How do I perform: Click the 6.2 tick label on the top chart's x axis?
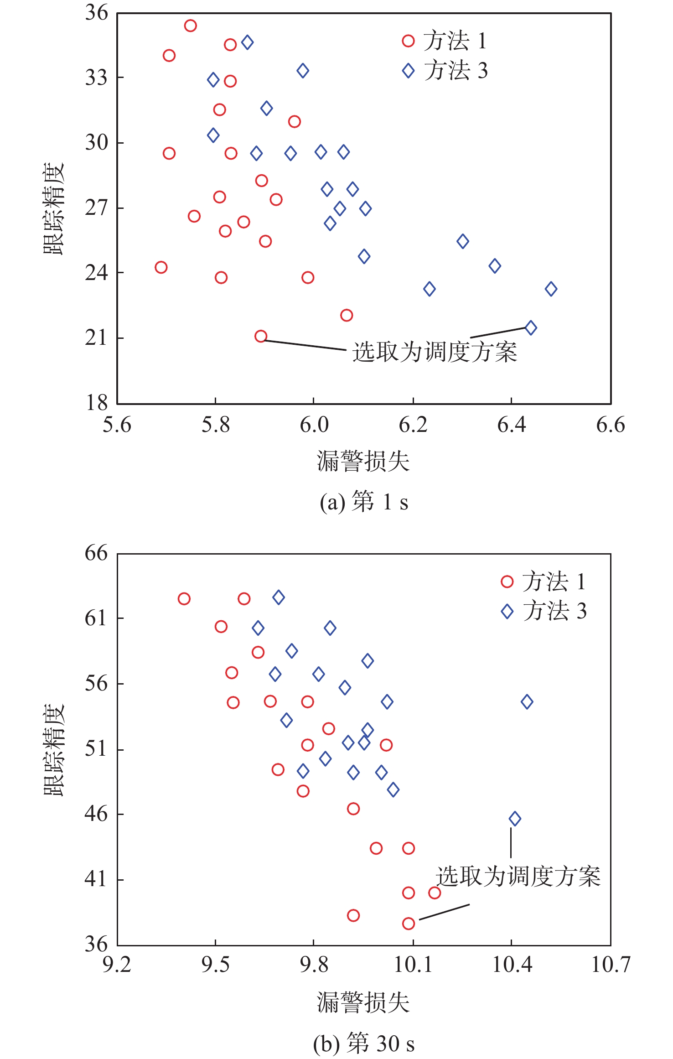(413, 425)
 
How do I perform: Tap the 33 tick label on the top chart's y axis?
(96, 78)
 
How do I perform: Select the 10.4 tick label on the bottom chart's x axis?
(512, 965)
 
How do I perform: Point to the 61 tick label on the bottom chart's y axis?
(96, 618)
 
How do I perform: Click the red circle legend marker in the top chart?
(408, 41)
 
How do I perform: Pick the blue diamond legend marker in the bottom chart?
(507, 612)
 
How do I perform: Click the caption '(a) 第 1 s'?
(363, 502)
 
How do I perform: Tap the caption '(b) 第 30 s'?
(363, 1043)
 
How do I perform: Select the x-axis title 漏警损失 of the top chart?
(363, 461)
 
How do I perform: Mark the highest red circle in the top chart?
(190, 26)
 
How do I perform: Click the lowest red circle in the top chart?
(261, 337)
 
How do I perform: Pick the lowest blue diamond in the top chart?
(531, 327)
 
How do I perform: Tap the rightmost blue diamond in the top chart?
(551, 289)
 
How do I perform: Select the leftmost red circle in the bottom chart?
(184, 599)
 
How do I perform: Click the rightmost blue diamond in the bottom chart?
(527, 701)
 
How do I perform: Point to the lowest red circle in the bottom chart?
(409, 924)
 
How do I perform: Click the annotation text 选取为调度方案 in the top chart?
(435, 352)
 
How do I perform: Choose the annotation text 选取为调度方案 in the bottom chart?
(518, 877)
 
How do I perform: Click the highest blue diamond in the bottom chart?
(279, 597)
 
